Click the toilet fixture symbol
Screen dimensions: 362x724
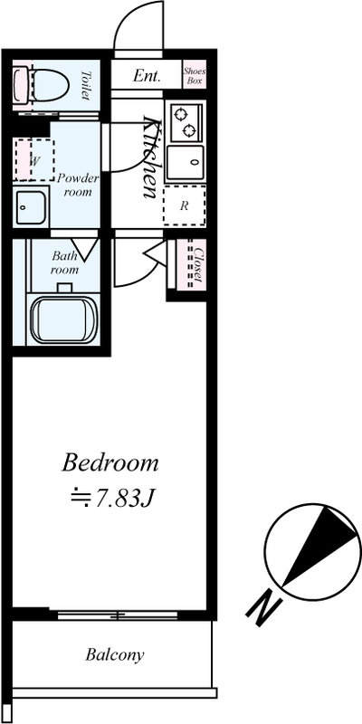point(41,84)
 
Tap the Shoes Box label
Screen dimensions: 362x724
point(195,76)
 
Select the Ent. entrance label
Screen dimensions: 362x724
point(147,75)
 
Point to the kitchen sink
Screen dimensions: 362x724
point(186,163)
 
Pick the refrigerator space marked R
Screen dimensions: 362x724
point(185,206)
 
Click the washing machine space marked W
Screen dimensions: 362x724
point(34,160)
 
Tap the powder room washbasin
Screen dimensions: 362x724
point(31,206)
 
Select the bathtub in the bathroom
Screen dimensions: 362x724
point(64,319)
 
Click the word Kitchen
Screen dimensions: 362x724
point(151,157)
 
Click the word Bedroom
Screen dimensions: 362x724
point(110,463)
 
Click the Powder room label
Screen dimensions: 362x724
point(78,185)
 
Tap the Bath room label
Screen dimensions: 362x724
point(64,262)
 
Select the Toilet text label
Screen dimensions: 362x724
point(86,84)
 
